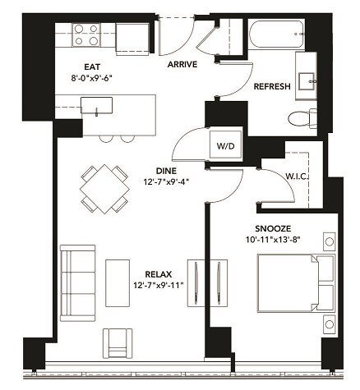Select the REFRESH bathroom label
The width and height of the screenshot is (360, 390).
point(271,86)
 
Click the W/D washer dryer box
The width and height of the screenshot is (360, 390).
point(224,145)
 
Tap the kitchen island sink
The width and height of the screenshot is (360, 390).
point(103,106)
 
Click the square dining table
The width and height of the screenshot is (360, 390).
point(104,188)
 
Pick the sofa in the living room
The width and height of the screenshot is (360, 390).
point(76,274)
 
